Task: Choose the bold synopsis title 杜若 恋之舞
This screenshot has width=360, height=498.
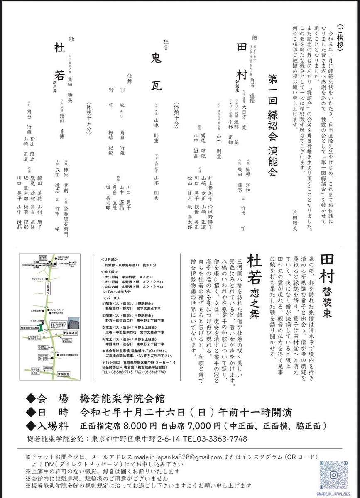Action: pyautogui.click(x=253, y=286)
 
